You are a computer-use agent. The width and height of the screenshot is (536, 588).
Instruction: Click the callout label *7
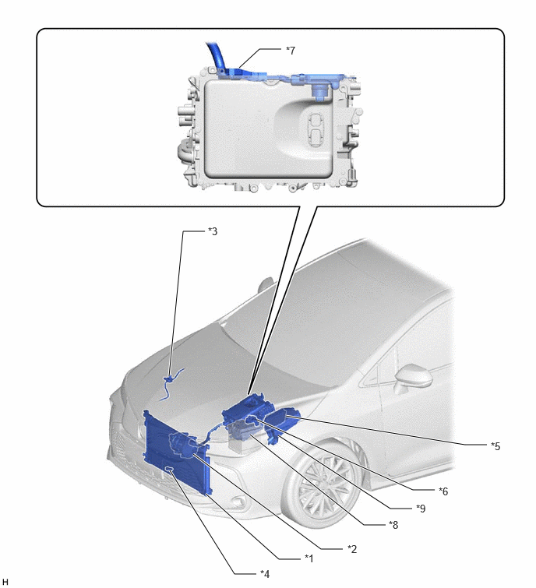pyautogui.click(x=291, y=51)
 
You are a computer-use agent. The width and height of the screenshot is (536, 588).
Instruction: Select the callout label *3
pyautogui.click(x=213, y=231)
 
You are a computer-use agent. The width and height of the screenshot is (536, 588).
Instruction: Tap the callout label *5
pyautogui.click(x=495, y=446)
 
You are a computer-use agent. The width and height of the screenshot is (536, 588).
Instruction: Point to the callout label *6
pyautogui.click(x=443, y=491)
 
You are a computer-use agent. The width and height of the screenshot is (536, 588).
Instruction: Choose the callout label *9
pyautogui.click(x=421, y=509)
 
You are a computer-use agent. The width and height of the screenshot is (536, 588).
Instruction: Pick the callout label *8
pyautogui.click(x=393, y=525)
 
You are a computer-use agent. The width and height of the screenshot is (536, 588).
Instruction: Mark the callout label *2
pyautogui.click(x=352, y=549)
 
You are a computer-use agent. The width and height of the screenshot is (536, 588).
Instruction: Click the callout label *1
pyautogui.click(x=309, y=558)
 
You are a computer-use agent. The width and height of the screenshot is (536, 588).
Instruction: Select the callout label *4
pyautogui.click(x=265, y=574)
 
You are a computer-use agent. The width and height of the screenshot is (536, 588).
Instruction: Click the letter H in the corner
pyautogui.click(x=5, y=582)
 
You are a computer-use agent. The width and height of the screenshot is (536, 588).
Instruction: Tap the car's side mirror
pyautogui.click(x=412, y=378)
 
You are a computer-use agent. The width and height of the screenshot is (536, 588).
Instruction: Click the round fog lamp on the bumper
pyautogui.click(x=238, y=502)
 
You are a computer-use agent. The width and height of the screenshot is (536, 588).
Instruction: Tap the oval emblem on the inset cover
pyautogui.click(x=313, y=129)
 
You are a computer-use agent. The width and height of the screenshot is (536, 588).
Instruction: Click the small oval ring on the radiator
pyautogui.click(x=170, y=468)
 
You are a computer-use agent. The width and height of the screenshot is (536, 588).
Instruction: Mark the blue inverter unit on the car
pyautogui.click(x=248, y=410)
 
